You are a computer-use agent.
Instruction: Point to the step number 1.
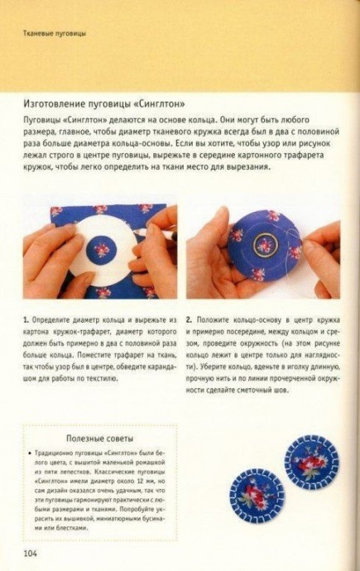pyautogui.click(x=26, y=318)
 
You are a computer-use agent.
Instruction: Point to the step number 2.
pyautogui.click(x=190, y=318)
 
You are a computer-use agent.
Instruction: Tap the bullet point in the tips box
pyautogui.click(x=31, y=454)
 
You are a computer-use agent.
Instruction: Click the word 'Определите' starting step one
pyautogui.click(x=55, y=318)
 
